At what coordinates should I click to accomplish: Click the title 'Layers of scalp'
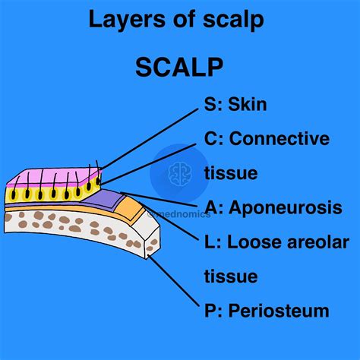[176, 20]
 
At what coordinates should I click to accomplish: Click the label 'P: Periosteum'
[267, 311]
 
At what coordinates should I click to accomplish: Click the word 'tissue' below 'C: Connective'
[232, 172]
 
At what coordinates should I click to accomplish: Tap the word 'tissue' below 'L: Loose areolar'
[232, 276]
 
